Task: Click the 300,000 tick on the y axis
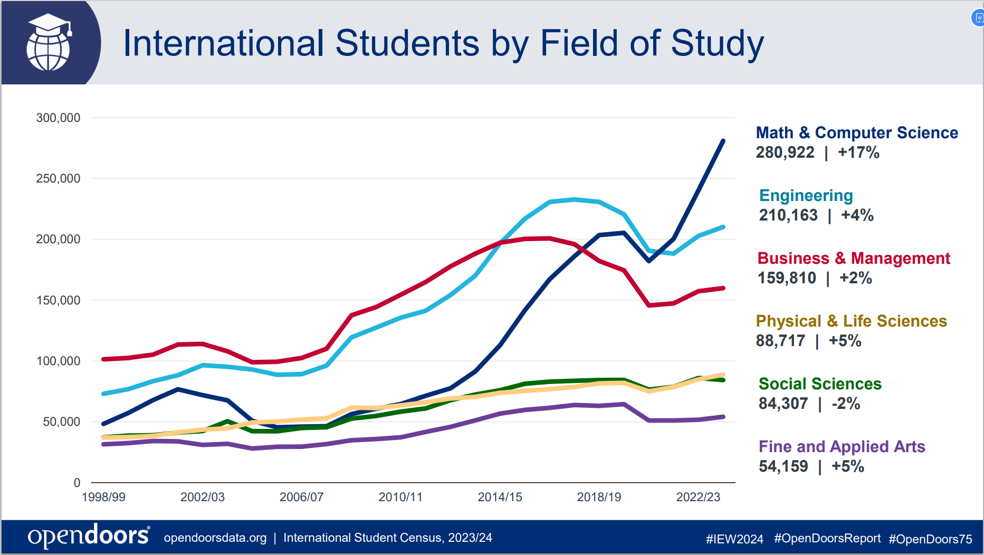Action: point(58,118)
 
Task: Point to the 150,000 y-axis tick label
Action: point(58,300)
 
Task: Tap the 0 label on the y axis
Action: point(77,482)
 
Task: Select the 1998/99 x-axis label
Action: point(103,497)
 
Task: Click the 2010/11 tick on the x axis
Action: point(400,497)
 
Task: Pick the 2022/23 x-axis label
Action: point(698,497)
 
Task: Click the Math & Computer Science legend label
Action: point(857,132)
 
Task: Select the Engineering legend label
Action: point(806,196)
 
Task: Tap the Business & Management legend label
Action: point(854,258)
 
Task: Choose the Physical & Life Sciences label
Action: point(851,321)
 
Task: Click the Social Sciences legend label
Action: point(820,384)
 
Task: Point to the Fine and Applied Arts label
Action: point(842,446)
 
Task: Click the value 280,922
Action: point(785,152)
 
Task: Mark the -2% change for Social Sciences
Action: point(846,404)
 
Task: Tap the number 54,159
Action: point(783,466)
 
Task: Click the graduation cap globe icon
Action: point(49,42)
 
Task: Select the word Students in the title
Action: point(407,43)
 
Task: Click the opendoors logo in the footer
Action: point(89,537)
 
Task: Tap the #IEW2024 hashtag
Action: point(734,539)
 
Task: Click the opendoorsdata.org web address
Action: point(215,538)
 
